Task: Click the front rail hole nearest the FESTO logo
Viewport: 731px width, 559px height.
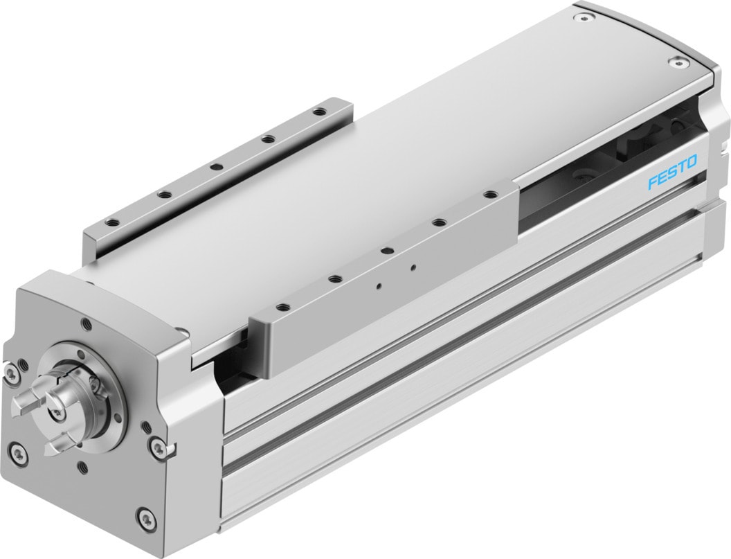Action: tap(490, 195)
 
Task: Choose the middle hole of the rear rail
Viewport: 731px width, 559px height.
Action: tap(214, 166)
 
